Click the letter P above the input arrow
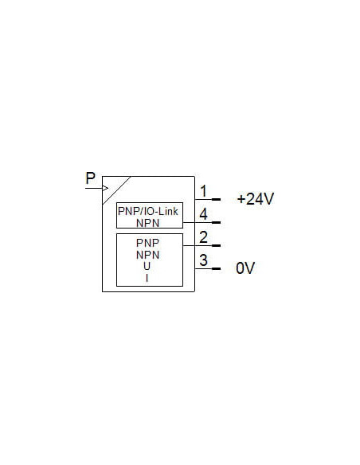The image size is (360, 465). [x=91, y=178]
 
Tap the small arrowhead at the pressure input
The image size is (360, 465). [x=105, y=188]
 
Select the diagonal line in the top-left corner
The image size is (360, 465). [x=116, y=190]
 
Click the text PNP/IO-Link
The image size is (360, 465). [x=148, y=211]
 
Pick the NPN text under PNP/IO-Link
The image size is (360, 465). [x=147, y=223]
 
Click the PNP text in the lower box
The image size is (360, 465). [x=147, y=243]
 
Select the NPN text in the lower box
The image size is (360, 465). [x=147, y=255]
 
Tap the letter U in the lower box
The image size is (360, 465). [x=147, y=266]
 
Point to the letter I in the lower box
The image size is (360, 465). [x=147, y=278]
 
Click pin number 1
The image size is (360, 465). [x=203, y=191]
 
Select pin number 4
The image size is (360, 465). [x=203, y=214]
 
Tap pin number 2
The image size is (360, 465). [x=203, y=237]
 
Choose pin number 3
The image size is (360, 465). [x=203, y=260]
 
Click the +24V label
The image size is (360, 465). [x=256, y=199]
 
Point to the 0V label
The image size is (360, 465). [x=245, y=268]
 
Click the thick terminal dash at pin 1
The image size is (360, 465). [x=216, y=200]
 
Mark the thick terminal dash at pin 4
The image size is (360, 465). [x=216, y=222]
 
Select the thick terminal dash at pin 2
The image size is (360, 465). [x=216, y=245]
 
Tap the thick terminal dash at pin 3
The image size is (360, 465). [x=216, y=268]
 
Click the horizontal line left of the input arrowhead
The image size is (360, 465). [x=94, y=188]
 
